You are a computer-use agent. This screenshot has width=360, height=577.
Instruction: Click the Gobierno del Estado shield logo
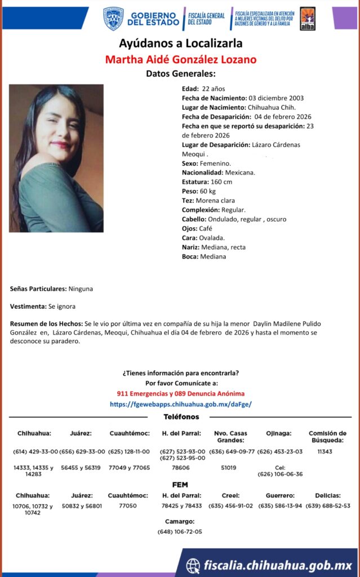point(113,19)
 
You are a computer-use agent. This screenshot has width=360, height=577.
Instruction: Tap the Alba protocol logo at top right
point(307,19)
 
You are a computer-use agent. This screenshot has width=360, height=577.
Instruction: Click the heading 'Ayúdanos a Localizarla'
point(181,43)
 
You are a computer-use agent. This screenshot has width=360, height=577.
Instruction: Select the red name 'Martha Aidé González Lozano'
point(181,59)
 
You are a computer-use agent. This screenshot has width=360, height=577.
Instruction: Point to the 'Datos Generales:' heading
point(181,74)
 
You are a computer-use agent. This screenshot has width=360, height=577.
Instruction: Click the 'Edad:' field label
point(190,88)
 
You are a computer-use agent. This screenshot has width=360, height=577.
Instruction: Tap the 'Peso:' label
point(189,191)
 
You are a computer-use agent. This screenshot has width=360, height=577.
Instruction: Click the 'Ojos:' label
point(189,228)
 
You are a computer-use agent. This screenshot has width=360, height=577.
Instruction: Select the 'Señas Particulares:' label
point(38,288)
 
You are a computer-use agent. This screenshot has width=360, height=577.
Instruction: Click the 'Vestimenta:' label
point(28,307)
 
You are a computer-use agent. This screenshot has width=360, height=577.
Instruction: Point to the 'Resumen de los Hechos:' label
point(46,324)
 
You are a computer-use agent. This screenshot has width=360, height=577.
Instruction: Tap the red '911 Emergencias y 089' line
point(180,393)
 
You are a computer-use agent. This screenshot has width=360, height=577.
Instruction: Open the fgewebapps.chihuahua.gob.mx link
point(180,404)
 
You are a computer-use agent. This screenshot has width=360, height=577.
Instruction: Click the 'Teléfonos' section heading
point(181,417)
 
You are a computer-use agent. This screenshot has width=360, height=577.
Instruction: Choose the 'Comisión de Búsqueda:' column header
point(327,437)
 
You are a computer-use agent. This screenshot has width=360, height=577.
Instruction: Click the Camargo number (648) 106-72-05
point(180,531)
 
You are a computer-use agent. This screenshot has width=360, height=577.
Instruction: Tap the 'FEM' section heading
point(180,485)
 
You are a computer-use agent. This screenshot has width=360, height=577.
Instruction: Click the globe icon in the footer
point(193,565)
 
